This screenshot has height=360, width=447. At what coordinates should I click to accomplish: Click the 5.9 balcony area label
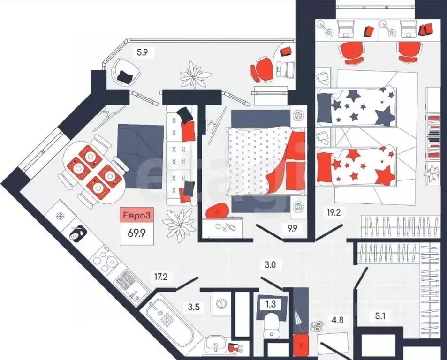point(142,52)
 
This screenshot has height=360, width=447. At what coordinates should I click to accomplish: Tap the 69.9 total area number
point(137,233)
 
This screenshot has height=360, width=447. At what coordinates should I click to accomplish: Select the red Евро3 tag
point(136,215)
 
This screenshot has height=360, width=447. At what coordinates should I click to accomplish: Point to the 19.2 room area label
point(334,212)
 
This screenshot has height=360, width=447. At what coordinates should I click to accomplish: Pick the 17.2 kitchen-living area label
point(160,277)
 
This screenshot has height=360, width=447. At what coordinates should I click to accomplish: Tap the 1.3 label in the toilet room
point(271,304)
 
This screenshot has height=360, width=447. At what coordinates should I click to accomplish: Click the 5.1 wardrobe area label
point(376,316)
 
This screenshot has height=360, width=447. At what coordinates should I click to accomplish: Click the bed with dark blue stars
point(356,107)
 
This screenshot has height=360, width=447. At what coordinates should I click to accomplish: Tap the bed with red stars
point(356,166)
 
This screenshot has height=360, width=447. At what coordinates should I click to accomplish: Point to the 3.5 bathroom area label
point(194,307)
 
